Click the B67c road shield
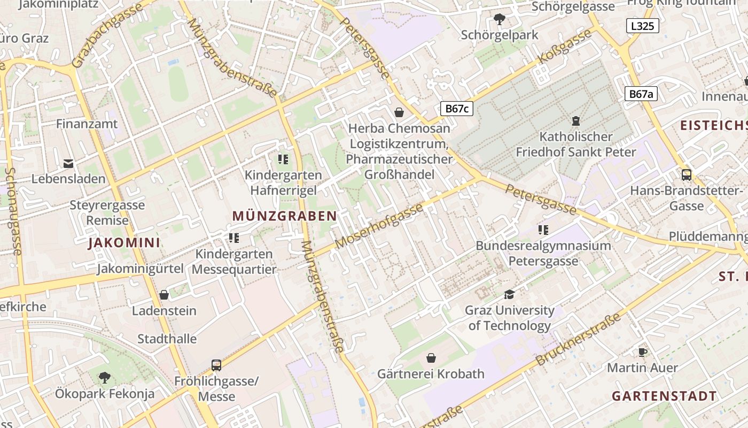[457, 109]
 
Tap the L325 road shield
[642, 26]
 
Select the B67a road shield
[641, 94]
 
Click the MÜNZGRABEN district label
[285, 216]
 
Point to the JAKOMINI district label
[124, 243]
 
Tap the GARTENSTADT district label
[664, 396]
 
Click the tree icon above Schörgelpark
[500, 20]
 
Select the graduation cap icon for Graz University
[509, 294]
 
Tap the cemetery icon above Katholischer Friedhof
[576, 121]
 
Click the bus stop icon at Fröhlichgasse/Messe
[216, 365]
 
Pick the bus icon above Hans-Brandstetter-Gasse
[687, 174]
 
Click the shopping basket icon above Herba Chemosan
[399, 112]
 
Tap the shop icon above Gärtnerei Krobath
[431, 357]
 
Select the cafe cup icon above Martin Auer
[642, 352]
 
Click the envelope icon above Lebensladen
[68, 163]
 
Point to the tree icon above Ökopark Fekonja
[105, 377]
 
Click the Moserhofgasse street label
[379, 226]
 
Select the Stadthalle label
[167, 339]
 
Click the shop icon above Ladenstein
[164, 295]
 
